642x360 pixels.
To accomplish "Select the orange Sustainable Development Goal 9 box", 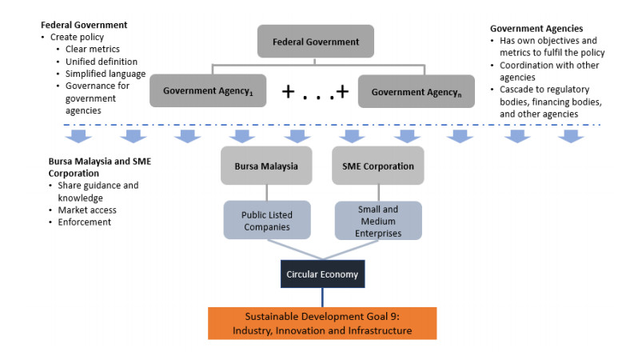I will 322,323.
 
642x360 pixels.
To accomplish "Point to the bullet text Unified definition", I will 102,61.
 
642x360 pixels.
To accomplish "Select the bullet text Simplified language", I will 106,73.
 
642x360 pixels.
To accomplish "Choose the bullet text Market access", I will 86,210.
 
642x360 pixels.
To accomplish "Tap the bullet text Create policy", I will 77,37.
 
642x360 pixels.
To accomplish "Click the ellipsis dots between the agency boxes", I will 317,93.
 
